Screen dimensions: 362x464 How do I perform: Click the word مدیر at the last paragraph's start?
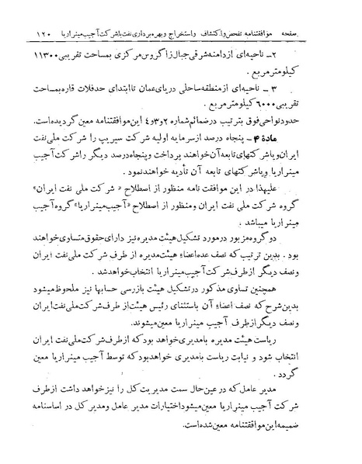click(x=316, y=410)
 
